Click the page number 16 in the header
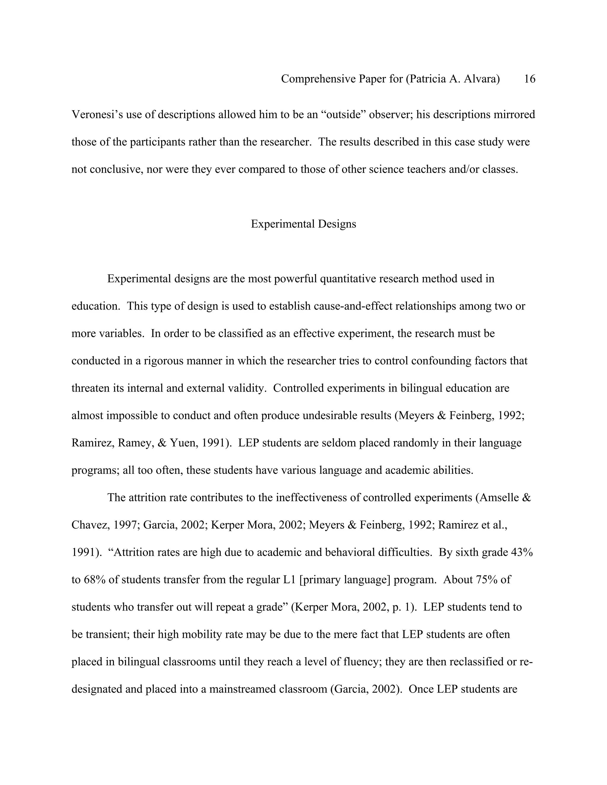529,79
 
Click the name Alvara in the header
482,79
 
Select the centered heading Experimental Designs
303,224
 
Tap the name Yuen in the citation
182,443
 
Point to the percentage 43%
521,552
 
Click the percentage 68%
94,579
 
